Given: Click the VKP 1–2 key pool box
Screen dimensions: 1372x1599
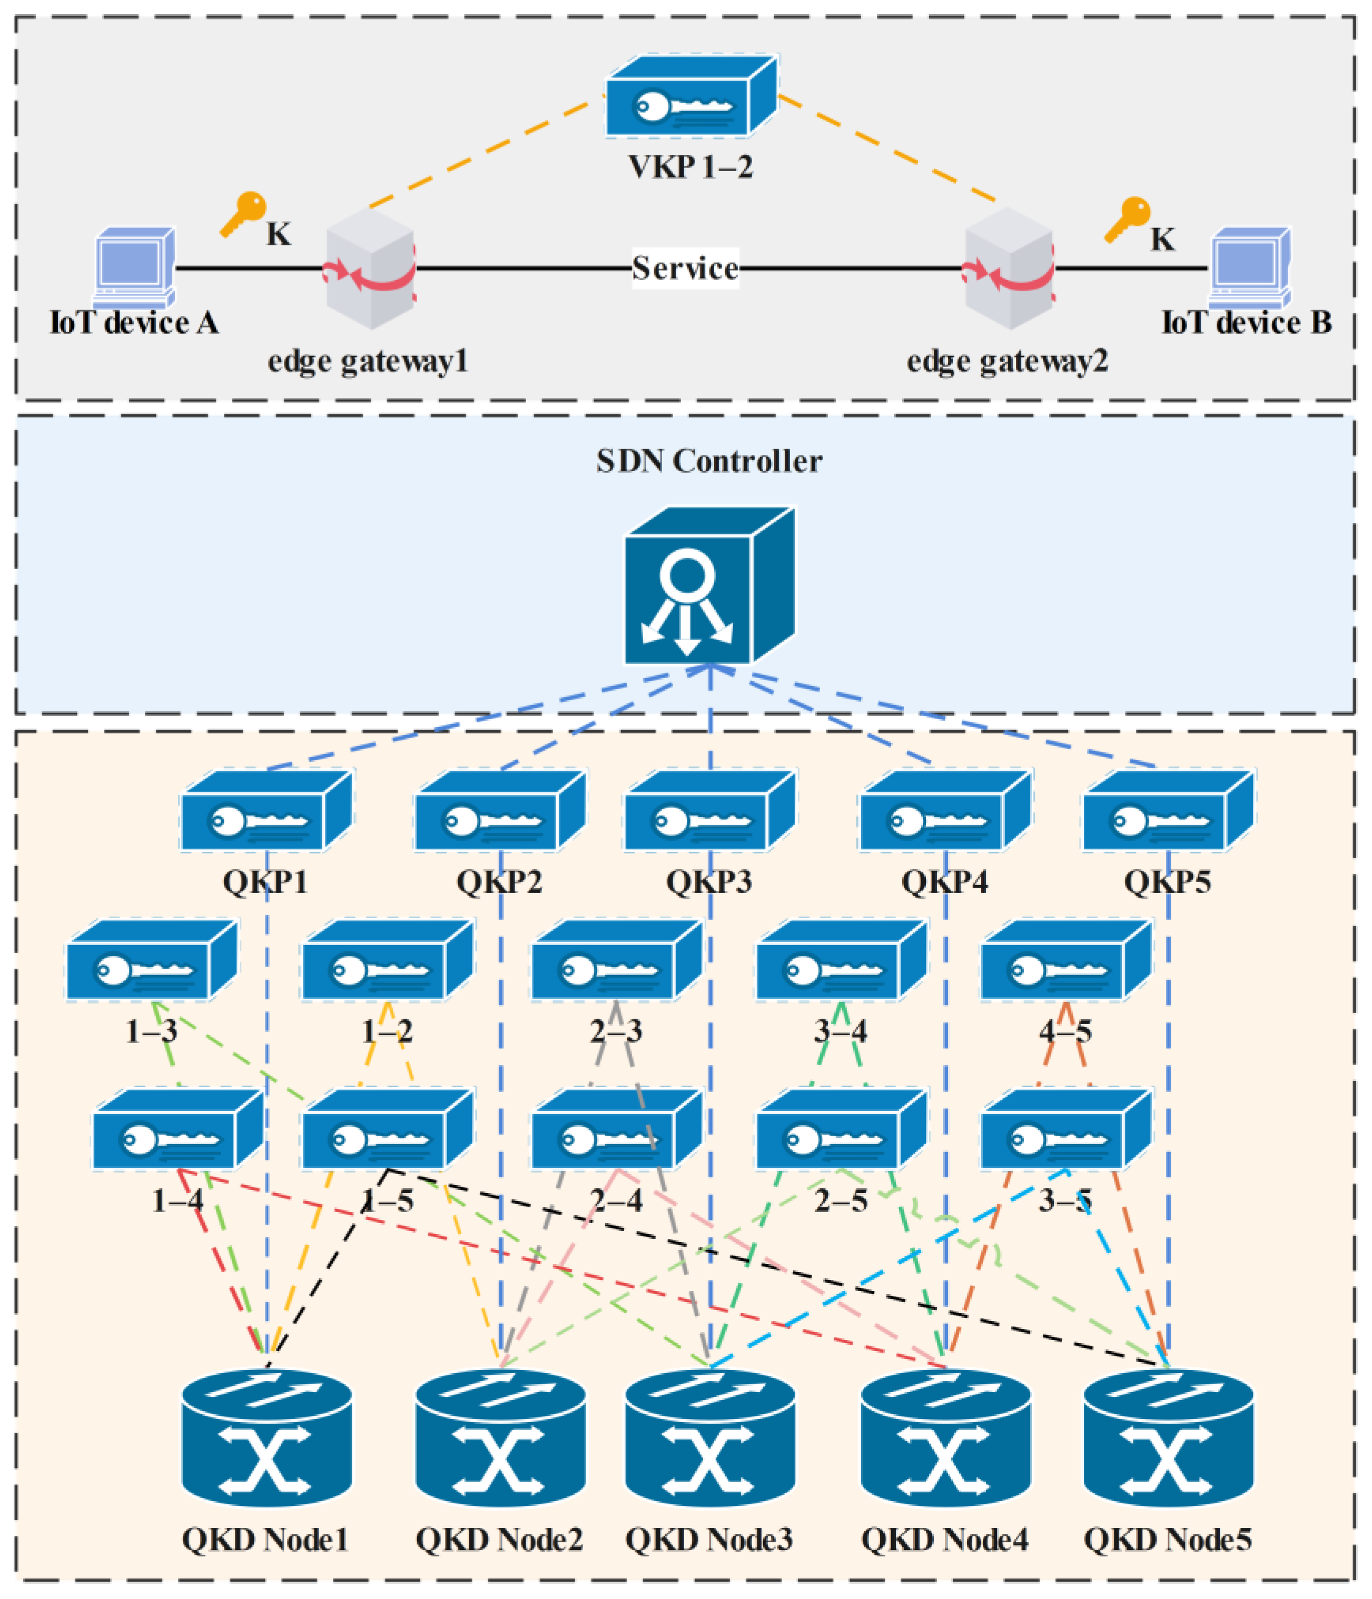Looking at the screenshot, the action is pyautogui.click(x=692, y=96).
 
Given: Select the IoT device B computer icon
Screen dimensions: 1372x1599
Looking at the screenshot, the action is pyautogui.click(x=1250, y=267).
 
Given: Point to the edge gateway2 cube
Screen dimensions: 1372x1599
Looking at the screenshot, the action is pyautogui.click(x=1009, y=268).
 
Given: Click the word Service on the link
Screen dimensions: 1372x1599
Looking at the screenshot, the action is pyautogui.click(x=685, y=269).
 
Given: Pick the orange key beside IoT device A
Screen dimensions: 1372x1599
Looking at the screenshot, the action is pyautogui.click(x=243, y=214).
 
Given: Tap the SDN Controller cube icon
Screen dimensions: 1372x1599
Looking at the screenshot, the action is pyautogui.click(x=709, y=585).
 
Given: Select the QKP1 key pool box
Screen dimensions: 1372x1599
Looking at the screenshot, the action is pyautogui.click(x=267, y=810).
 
